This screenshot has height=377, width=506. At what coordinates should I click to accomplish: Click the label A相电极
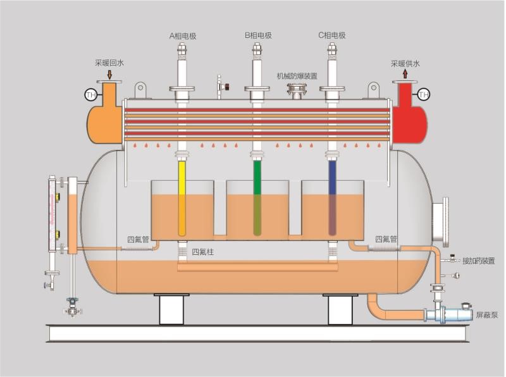click(183, 36)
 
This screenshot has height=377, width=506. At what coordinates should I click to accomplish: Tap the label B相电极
click(258, 36)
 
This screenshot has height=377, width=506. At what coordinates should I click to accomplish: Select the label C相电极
click(332, 36)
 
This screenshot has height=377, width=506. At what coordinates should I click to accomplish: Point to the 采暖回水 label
click(109, 63)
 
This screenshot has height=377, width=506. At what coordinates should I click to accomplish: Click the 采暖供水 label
click(405, 63)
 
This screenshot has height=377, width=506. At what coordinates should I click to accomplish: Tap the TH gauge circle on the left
click(90, 95)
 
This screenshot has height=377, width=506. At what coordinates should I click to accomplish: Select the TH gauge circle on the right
click(424, 95)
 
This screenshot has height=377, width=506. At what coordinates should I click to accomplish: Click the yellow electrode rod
click(182, 196)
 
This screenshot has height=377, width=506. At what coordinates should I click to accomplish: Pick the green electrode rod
click(257, 196)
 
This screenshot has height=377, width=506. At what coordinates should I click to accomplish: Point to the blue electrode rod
click(332, 196)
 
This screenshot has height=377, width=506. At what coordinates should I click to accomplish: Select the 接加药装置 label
click(478, 261)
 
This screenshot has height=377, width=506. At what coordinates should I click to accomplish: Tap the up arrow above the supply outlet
click(405, 75)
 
